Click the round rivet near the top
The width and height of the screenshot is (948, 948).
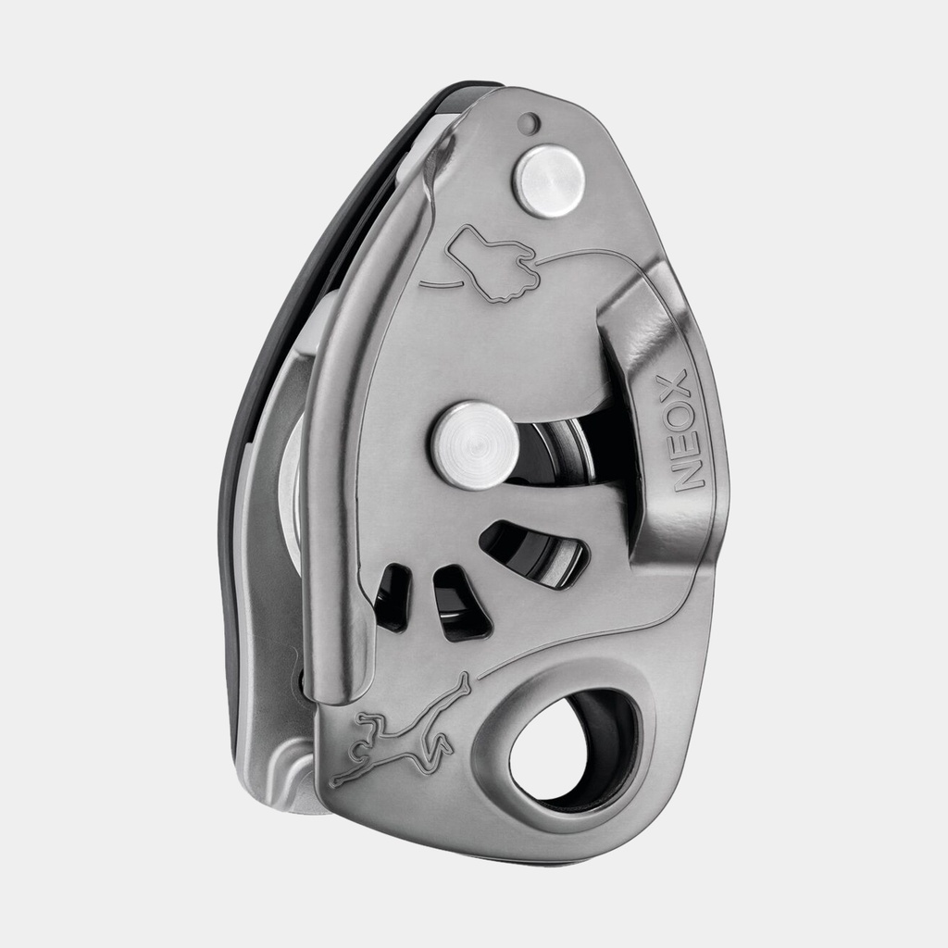[x=549, y=181]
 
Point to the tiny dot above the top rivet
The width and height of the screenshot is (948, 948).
[x=529, y=122]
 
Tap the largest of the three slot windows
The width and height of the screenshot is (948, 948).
[x=534, y=553]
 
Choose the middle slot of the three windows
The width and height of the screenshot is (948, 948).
[x=460, y=603]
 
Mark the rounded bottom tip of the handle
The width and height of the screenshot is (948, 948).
[x=339, y=685]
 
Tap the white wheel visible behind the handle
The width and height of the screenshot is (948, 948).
[x=293, y=491]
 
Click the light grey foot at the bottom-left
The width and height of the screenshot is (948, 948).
[x=278, y=768]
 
